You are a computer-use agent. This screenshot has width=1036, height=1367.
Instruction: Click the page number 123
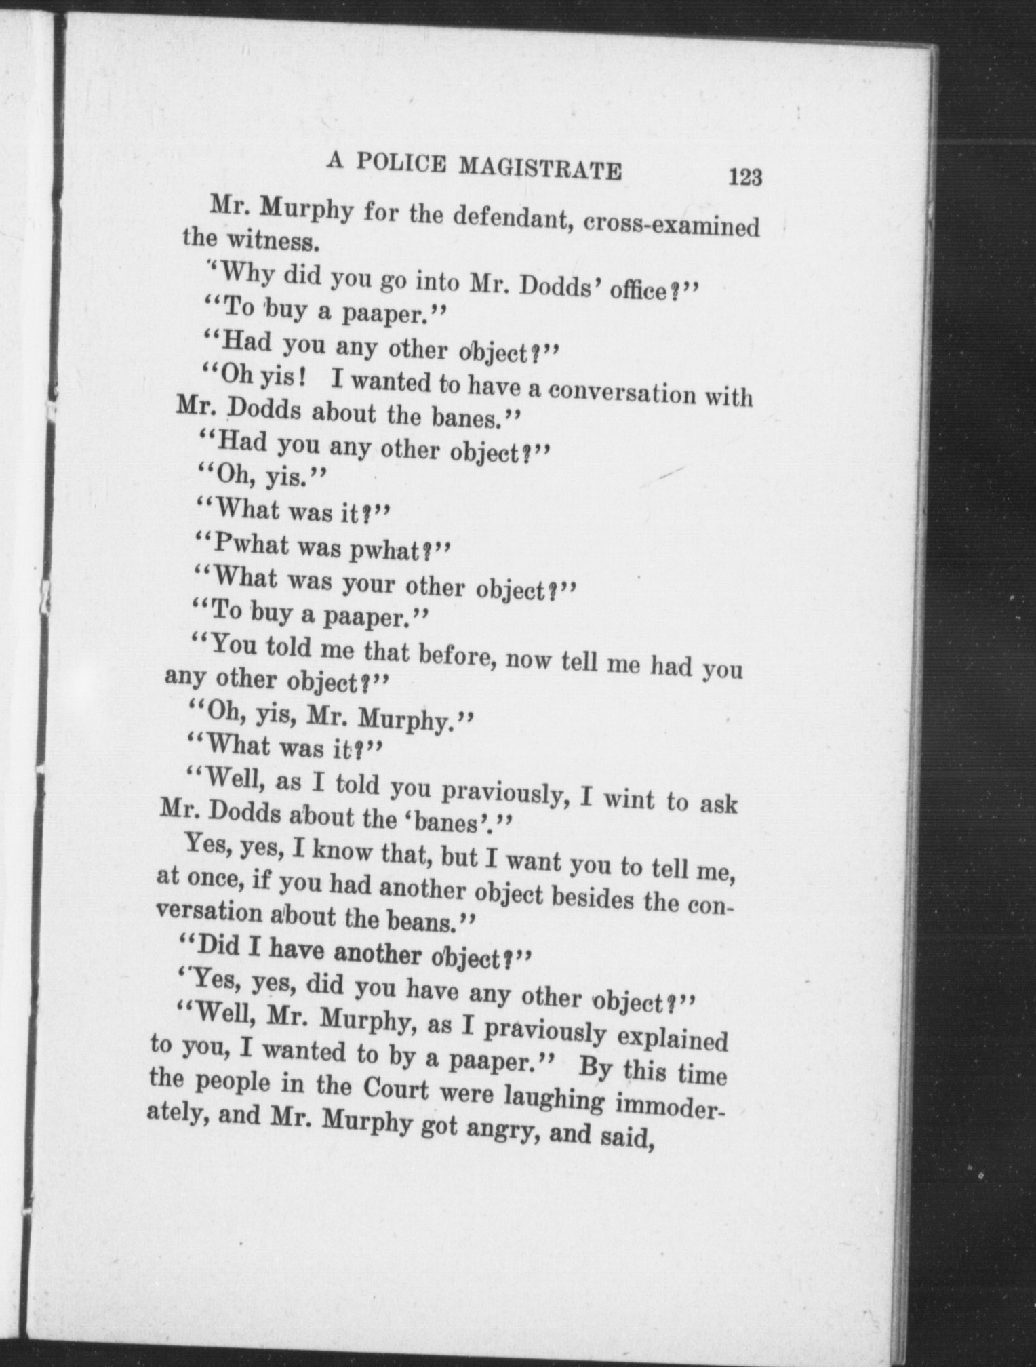[745, 177]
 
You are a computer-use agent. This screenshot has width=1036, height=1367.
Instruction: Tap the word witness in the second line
[268, 240]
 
